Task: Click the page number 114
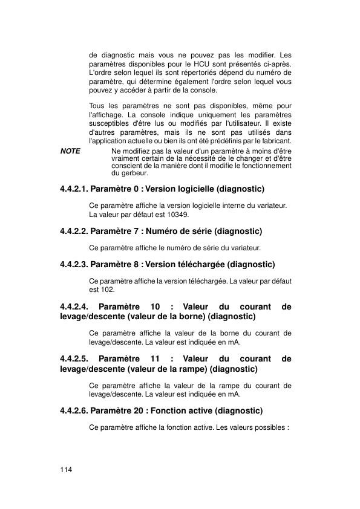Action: pyautogui.click(x=66, y=470)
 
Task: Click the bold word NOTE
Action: pyautogui.click(x=70, y=151)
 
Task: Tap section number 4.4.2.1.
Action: pyautogui.click(x=74, y=189)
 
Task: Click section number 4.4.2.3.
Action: pyautogui.click(x=74, y=264)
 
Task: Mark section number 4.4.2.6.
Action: pyautogui.click(x=74, y=411)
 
